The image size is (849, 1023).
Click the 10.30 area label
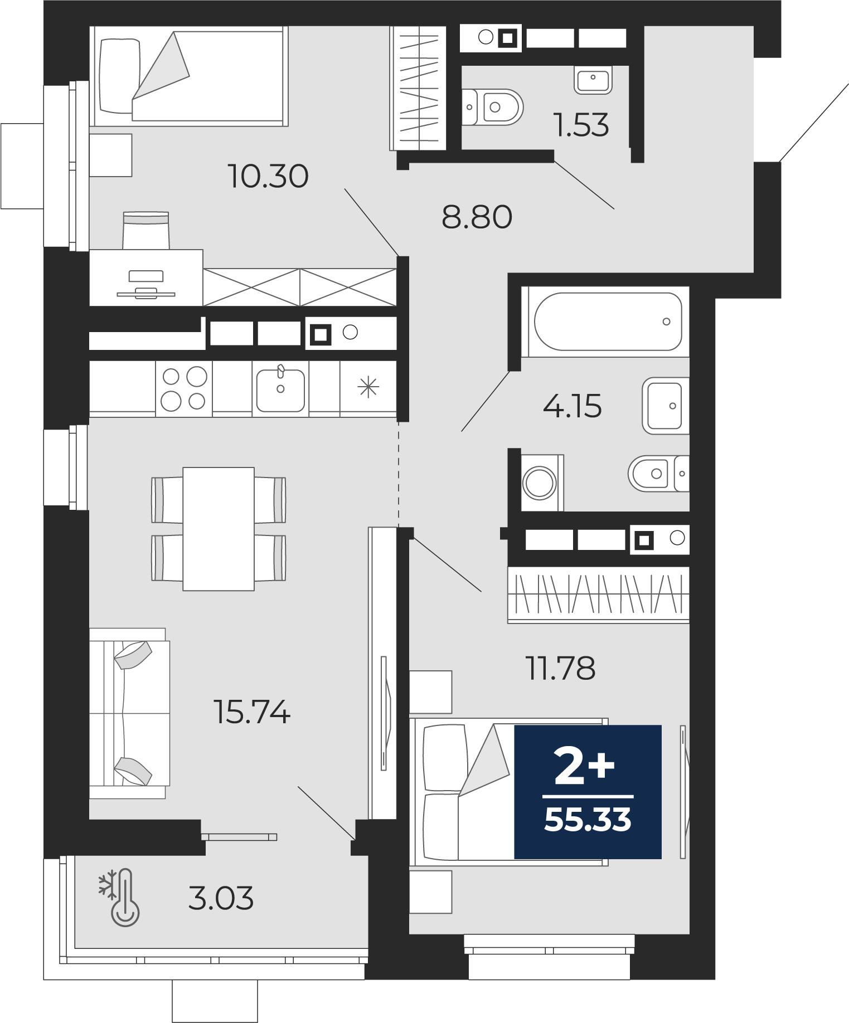pos(268,176)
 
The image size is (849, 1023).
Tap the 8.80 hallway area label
pos(477,217)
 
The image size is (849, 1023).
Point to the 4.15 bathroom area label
pos(573,406)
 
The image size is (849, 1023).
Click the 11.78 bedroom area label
pos(560,668)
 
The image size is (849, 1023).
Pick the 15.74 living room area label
pos(252,712)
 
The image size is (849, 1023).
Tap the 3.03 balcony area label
pos(221,898)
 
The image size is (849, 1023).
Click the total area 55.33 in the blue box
pos(588,820)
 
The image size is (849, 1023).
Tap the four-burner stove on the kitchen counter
pos(184,388)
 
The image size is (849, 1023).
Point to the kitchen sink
pos(280,388)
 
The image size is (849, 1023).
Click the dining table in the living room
pos(219,529)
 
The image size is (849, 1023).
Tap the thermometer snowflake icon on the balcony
pos(119,897)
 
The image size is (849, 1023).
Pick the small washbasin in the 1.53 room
pos(593,80)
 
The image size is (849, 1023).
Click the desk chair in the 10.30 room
pos(146,230)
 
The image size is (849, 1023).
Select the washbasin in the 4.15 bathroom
pos(666,406)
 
